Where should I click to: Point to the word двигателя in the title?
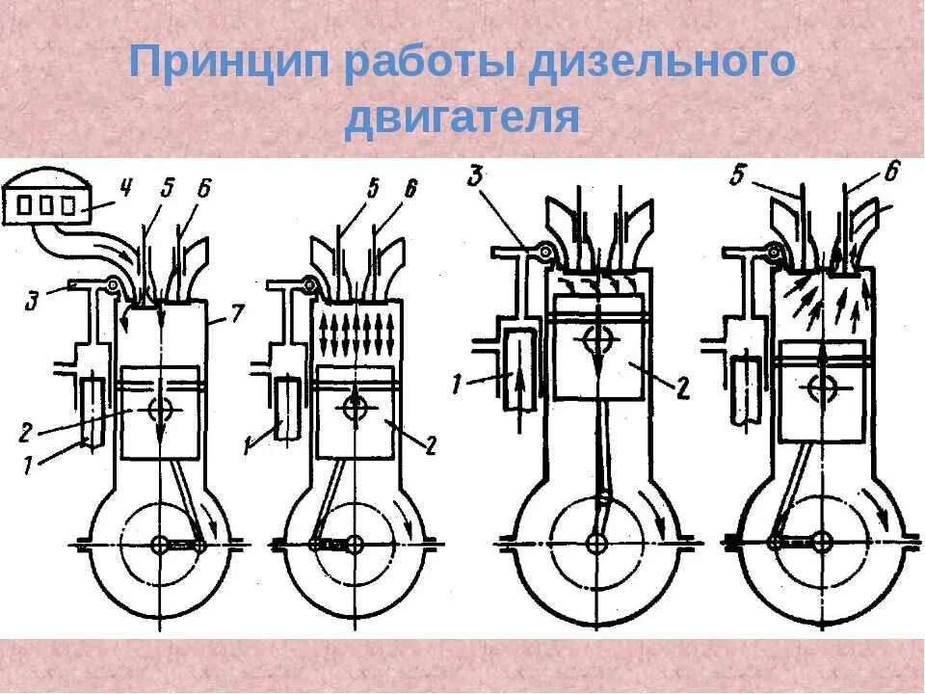[x=462, y=119]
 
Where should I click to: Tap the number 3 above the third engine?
[x=475, y=176]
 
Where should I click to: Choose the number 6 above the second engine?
[x=410, y=190]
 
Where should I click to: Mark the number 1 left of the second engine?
[x=249, y=444]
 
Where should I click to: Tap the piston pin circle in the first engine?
[x=162, y=410]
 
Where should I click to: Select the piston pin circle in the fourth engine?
[x=822, y=387]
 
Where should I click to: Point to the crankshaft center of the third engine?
[x=599, y=544]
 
